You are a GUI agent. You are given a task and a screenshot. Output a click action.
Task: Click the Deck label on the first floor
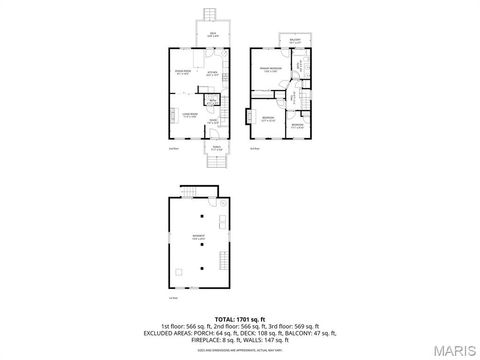pos(212,33)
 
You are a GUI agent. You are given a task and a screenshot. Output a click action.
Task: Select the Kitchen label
pos(212,73)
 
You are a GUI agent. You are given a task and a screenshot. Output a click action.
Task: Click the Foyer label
pos(213,122)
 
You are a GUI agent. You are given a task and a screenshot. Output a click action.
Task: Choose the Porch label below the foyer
pos(217,147)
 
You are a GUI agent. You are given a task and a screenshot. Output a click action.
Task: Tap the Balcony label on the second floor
pos(294,40)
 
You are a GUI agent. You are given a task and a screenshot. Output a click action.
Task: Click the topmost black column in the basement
pos(201,216)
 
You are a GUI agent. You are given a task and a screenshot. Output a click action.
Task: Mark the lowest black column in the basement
pos(201,268)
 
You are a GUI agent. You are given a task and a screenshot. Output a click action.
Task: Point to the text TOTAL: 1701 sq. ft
pos(240,318)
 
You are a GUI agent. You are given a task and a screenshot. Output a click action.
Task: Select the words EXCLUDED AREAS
pos(174,332)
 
